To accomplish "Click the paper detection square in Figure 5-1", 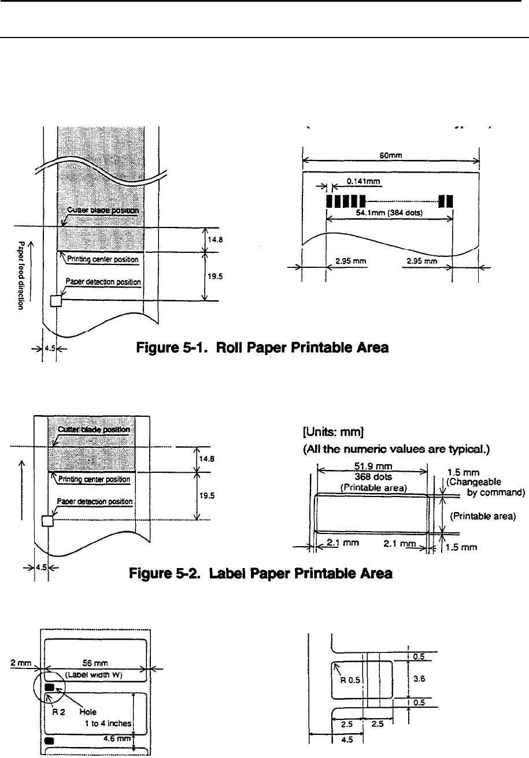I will pos(55,301).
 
